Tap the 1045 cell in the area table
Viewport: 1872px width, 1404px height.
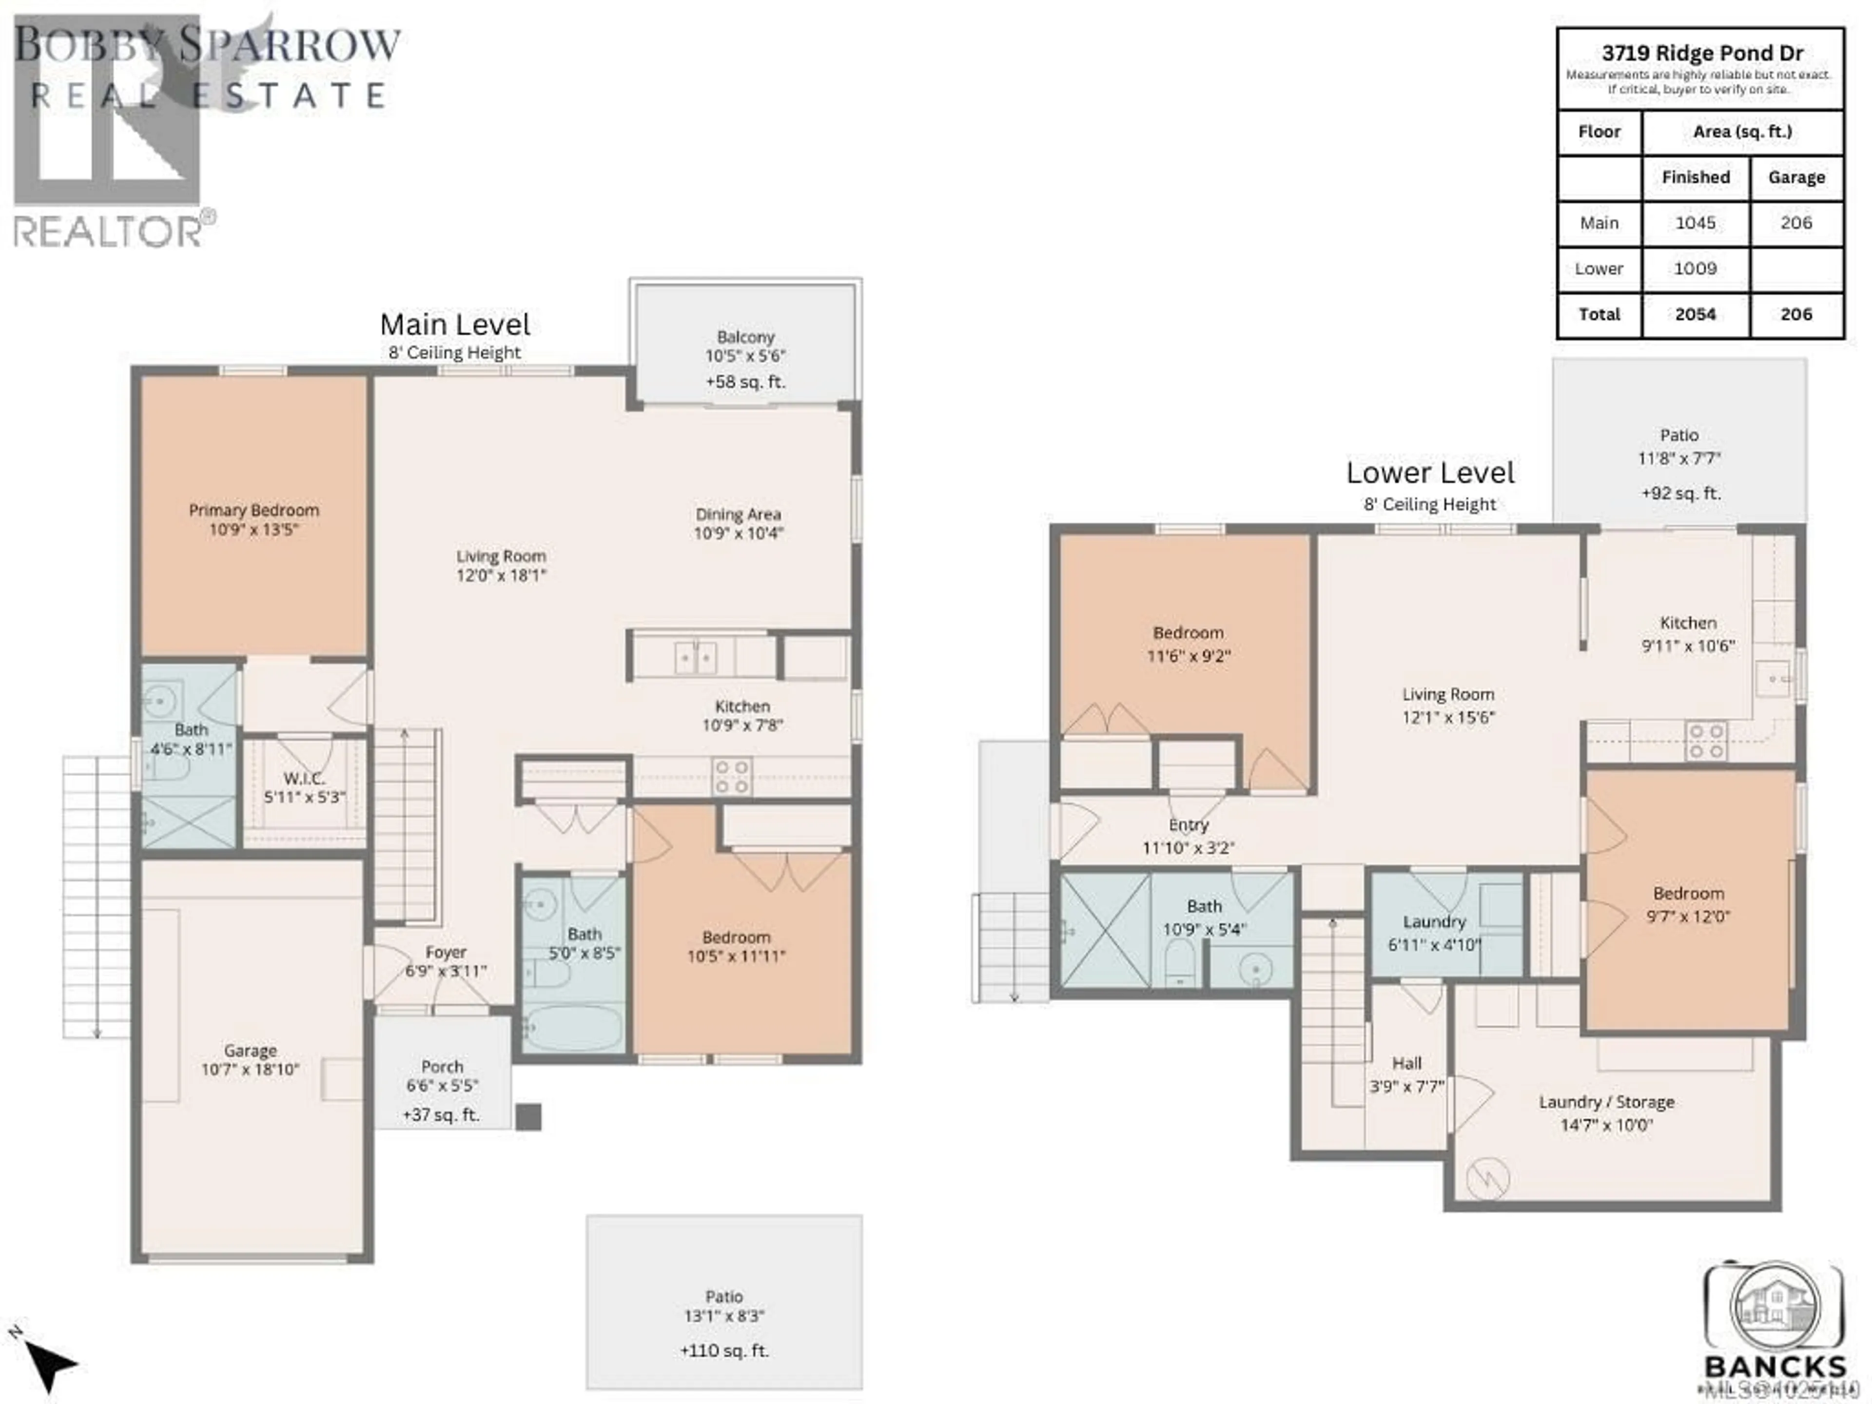[x=1695, y=223]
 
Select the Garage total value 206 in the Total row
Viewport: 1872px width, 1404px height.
[x=1796, y=315]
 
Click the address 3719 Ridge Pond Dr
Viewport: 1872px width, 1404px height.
[x=1702, y=53]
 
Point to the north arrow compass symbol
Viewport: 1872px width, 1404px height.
[x=49, y=1364]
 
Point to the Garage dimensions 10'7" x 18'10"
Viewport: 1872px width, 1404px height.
[x=251, y=1070]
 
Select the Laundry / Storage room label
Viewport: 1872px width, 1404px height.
[x=1605, y=1102]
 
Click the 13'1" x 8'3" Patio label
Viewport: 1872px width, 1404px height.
[x=723, y=1316]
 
